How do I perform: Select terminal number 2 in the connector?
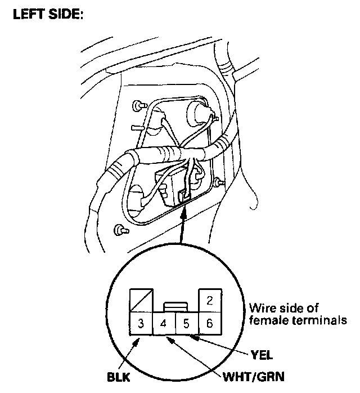[209, 301]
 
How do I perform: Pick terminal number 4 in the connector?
[164, 324]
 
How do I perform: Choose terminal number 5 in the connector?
[186, 324]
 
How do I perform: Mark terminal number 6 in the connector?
[209, 324]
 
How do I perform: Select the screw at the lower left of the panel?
[120, 230]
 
